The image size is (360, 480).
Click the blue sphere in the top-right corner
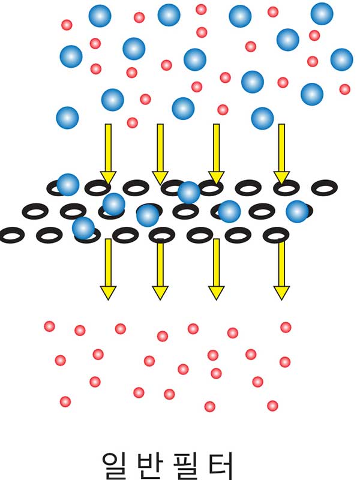click(322, 14)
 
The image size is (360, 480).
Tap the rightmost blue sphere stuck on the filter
click(297, 211)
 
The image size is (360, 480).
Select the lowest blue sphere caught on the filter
click(83, 227)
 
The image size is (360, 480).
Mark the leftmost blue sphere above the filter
click(67, 118)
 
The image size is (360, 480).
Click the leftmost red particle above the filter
click(67, 25)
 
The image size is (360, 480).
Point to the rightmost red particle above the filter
click(344, 89)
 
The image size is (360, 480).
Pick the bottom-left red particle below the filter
click(65, 401)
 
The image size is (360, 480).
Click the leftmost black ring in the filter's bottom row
click(10, 235)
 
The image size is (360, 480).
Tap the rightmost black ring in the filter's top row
click(323, 188)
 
